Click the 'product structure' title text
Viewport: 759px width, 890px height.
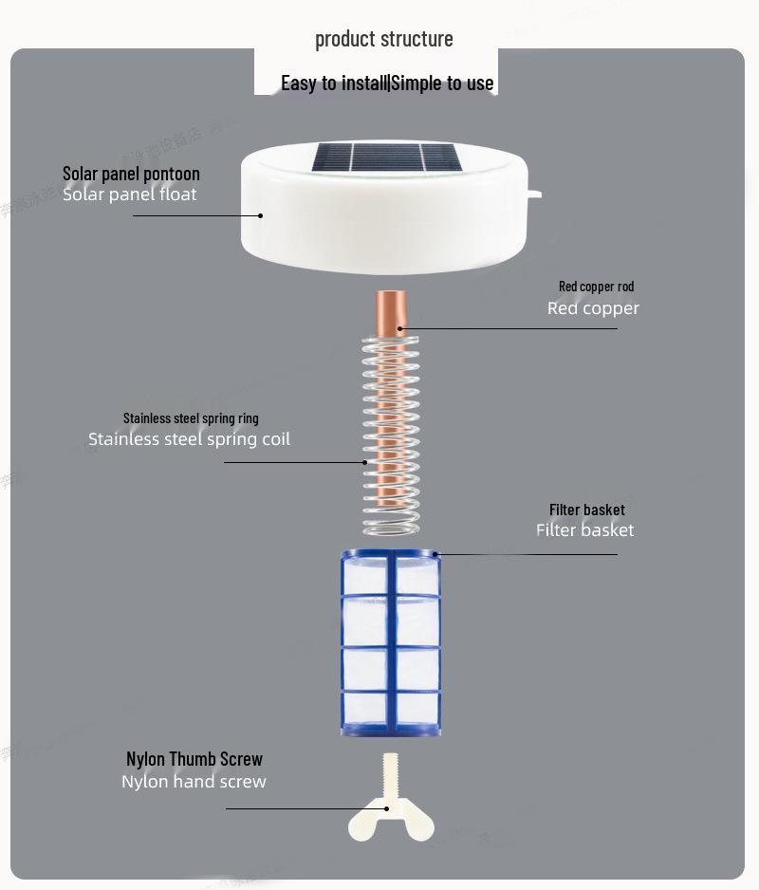[x=383, y=39]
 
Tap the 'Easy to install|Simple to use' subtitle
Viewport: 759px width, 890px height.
[x=387, y=83]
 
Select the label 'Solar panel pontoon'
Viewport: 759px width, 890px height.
[x=131, y=174]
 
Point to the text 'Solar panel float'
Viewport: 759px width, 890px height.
[x=130, y=195]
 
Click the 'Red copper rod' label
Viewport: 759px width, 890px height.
[x=596, y=287]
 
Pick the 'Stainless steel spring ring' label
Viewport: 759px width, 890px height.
[x=191, y=418]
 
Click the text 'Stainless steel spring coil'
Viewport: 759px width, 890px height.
[x=189, y=439]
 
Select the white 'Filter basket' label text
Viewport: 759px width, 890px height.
[x=584, y=530]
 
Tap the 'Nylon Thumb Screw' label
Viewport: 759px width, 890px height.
[x=194, y=759]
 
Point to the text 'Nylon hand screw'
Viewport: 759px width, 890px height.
[x=194, y=782]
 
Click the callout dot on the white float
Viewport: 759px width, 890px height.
[x=261, y=215]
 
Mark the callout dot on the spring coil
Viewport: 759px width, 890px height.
[x=364, y=462]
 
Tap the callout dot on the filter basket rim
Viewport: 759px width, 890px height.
[x=436, y=553]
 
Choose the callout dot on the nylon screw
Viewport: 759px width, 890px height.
[x=386, y=808]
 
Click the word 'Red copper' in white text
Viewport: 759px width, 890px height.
[x=593, y=308]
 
